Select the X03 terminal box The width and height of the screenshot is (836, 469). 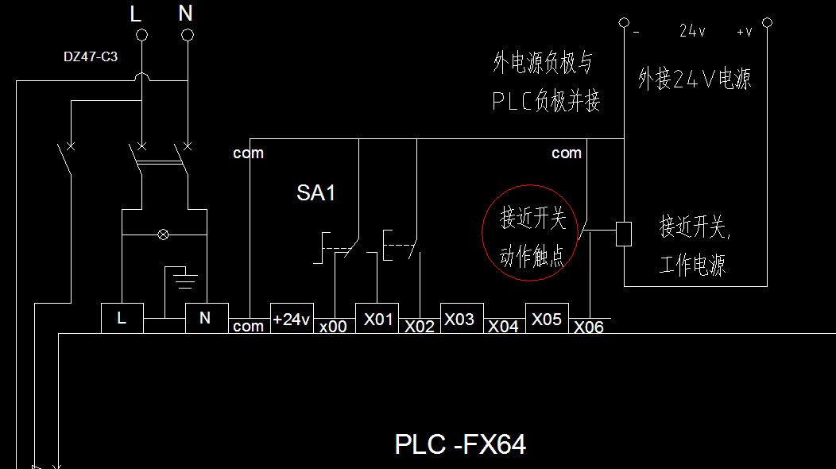(460, 318)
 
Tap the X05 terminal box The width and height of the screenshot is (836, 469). (546, 318)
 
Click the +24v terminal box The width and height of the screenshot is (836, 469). (292, 318)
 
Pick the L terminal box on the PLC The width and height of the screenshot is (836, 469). (122, 318)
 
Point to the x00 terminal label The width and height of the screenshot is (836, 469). (333, 326)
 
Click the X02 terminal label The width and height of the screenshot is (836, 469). (420, 326)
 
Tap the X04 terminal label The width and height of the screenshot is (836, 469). (503, 326)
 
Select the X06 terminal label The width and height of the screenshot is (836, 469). (589, 327)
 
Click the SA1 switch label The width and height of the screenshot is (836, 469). (315, 193)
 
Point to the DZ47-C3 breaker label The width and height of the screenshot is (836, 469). (91, 56)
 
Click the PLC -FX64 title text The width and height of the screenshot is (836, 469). (460, 444)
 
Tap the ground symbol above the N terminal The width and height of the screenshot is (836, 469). (184, 277)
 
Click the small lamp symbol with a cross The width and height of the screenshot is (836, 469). (164, 234)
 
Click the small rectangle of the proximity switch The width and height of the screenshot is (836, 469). (624, 233)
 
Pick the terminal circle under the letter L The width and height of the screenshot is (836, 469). (142, 35)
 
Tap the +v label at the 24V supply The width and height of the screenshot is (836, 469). (745, 32)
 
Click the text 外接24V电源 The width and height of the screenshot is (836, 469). (694, 79)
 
